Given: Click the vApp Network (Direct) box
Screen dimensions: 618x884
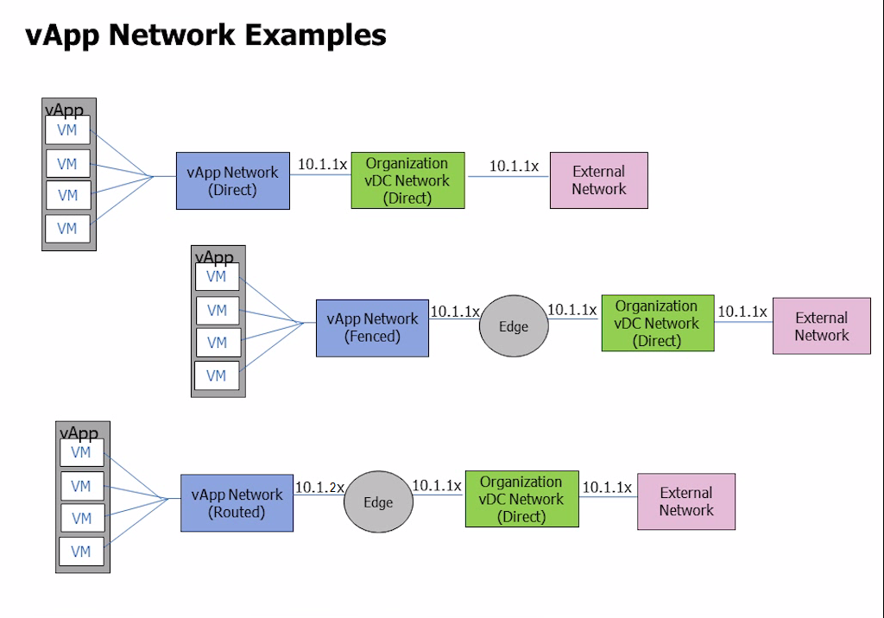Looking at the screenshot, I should tap(232, 180).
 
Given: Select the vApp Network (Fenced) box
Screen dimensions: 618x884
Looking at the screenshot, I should tap(372, 328).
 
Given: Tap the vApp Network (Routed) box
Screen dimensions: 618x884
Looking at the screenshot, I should tap(237, 502).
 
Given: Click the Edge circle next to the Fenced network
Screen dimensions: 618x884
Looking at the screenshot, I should tap(514, 326).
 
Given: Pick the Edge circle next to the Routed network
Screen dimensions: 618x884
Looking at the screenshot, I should tap(378, 501).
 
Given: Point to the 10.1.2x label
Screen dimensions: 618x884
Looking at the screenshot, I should tap(319, 488).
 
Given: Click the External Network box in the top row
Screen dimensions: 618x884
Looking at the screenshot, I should tap(598, 180).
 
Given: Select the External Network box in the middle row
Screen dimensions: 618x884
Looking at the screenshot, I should tap(821, 326).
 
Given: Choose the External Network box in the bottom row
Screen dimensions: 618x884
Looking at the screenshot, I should tap(686, 501).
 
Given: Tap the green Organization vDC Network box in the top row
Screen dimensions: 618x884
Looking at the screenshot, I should tap(407, 180).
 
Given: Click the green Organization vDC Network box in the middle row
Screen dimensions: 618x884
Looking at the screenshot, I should tap(657, 323).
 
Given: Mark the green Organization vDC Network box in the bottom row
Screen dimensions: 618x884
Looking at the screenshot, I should tap(521, 499).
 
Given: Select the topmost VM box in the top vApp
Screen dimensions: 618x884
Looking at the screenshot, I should tap(67, 131).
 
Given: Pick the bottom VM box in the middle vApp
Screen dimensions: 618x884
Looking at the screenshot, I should tap(217, 375).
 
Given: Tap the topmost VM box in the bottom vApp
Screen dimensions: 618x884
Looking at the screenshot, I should tap(81, 452).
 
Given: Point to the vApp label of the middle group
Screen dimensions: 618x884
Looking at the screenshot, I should tap(214, 257).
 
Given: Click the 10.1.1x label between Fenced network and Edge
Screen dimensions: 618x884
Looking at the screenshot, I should tap(454, 312).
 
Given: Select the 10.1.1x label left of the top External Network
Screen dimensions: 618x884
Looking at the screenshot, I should tap(514, 166).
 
